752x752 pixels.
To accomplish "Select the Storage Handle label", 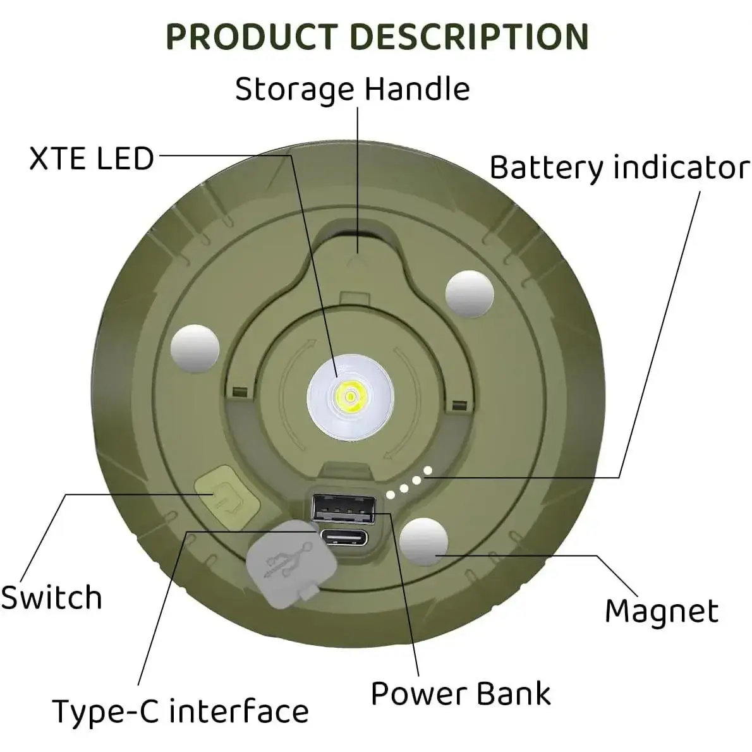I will point(352,89).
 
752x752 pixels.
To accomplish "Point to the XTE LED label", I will point(92,158).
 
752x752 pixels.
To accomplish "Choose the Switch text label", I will point(51,598).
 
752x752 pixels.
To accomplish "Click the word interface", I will point(240,711).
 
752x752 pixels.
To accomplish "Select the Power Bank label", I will point(461,693).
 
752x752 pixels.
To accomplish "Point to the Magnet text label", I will point(662,611).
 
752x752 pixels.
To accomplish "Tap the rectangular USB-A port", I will point(344,507).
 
